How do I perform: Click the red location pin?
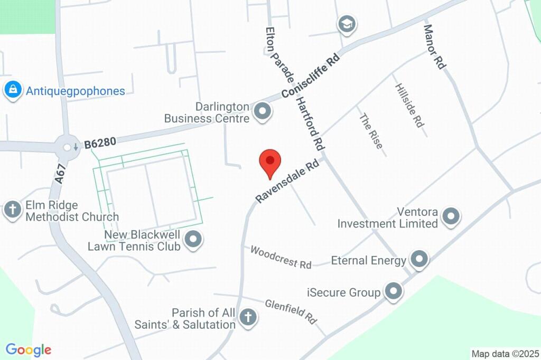coord(270,162)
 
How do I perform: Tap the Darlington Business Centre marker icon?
coord(263,112)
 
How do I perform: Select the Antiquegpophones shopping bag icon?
coord(12,90)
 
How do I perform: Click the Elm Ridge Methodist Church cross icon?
coord(12,210)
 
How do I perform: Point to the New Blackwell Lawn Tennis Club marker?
coord(194,240)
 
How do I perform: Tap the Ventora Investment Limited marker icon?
coord(451,216)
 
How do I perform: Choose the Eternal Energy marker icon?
coord(419,259)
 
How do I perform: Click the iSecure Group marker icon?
coord(393,291)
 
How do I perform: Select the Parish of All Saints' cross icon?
coord(247,318)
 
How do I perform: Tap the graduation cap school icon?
coord(347,24)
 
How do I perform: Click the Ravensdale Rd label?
coord(288,182)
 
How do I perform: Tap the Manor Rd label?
coord(435,47)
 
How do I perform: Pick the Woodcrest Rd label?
coord(281,257)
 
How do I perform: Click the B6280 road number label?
coord(100,143)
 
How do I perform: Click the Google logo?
coord(28,350)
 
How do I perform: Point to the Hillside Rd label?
coord(409,105)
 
